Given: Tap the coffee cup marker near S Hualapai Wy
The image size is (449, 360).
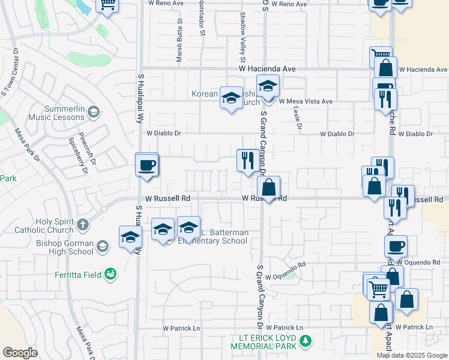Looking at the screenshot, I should [146, 166].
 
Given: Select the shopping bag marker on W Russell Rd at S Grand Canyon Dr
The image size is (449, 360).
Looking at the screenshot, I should [269, 187].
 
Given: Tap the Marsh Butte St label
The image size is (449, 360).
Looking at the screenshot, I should [179, 41].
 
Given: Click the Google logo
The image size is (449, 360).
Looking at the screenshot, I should [20, 353].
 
